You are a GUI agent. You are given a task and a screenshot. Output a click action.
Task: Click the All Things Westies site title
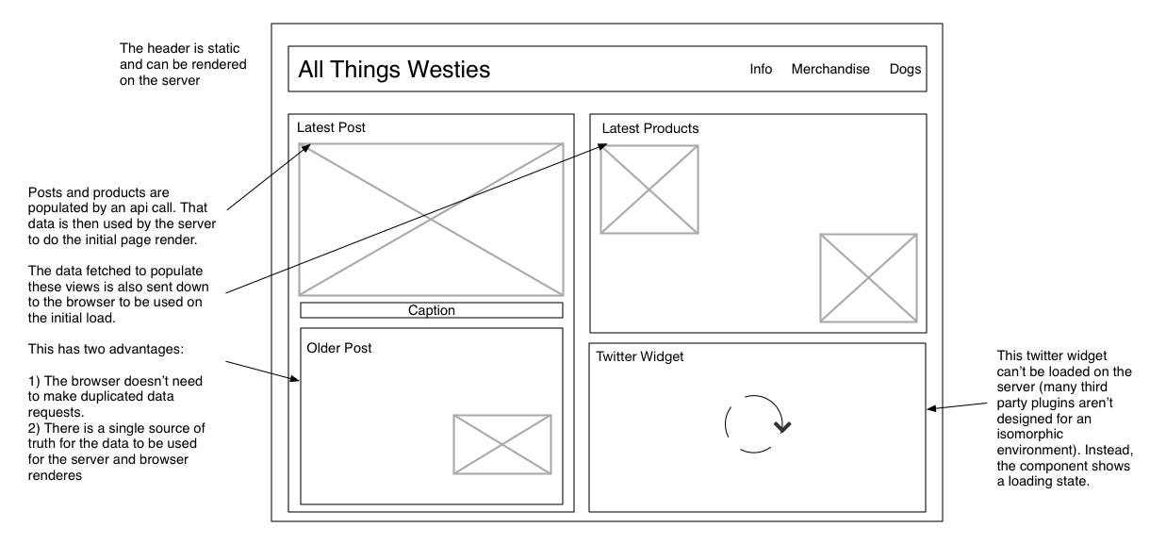coord(394,70)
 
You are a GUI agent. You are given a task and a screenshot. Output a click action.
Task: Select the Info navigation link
coord(761,69)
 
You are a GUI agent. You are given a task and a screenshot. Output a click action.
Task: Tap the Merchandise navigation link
coord(830,69)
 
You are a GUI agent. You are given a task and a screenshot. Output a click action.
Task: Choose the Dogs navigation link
coord(905,69)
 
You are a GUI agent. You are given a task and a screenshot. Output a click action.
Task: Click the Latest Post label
coord(331,127)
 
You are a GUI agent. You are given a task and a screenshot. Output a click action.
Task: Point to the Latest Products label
coord(650,128)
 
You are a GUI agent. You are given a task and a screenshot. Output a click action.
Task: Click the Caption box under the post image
coord(432,310)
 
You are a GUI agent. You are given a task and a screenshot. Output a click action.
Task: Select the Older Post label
coord(339,348)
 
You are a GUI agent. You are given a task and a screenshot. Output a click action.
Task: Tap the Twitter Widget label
coord(640,356)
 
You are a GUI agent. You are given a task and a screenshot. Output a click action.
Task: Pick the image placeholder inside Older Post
coord(502,444)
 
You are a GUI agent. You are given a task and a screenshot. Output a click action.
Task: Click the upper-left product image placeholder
coord(649,190)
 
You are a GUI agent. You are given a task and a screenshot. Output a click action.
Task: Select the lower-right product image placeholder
coord(868,277)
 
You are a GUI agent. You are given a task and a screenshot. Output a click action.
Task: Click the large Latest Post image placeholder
coord(431,220)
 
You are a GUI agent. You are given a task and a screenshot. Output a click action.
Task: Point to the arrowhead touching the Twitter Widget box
coord(931,408)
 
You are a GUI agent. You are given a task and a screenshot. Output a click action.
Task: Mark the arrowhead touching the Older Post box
coord(296,379)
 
